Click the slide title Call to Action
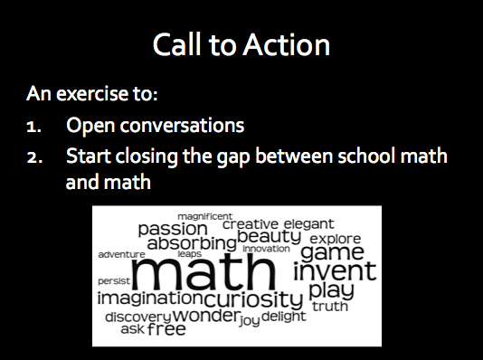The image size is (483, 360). coord(241,45)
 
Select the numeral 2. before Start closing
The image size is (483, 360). coord(33,156)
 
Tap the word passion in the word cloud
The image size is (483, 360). coord(173,229)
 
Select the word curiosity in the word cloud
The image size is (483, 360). coord(253,298)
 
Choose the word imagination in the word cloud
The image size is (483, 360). coord(150,298)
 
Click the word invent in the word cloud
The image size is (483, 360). coord(334,270)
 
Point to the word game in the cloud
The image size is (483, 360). coord(332,251)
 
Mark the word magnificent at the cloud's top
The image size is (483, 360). coord(204,215)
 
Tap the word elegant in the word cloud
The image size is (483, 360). coord(308,223)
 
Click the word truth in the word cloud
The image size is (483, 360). coord(329,307)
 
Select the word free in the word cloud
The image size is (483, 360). coord(166,329)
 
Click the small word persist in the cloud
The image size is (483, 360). coord(113,281)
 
